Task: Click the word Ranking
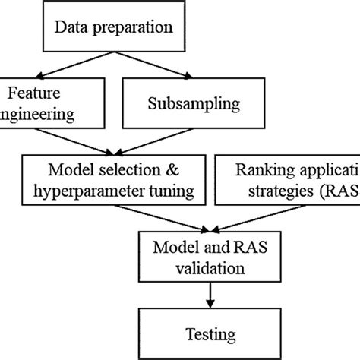261,168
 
